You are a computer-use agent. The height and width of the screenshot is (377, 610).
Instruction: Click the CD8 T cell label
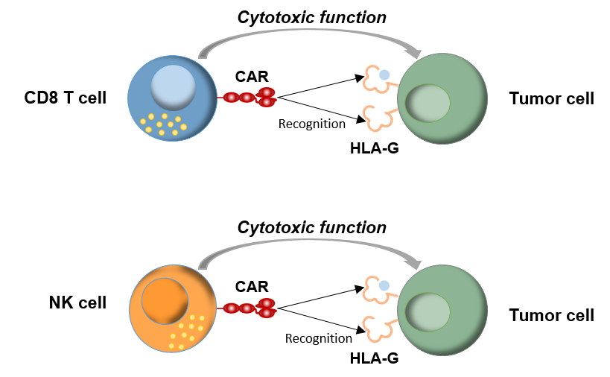tap(66, 98)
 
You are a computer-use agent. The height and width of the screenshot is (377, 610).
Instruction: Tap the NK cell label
tap(77, 302)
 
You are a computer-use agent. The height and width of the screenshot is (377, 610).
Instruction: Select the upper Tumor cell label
tap(552, 98)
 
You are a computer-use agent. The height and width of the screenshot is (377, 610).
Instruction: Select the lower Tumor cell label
tap(552, 315)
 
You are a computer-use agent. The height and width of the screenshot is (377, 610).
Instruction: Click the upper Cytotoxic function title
tap(312, 17)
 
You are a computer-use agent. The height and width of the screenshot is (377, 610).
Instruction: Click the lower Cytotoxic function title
tap(312, 227)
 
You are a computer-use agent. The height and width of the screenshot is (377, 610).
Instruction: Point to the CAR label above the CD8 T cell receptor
tap(252, 77)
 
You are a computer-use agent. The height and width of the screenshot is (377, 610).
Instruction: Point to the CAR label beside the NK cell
tap(252, 287)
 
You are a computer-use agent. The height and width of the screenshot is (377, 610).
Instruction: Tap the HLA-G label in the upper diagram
tap(374, 148)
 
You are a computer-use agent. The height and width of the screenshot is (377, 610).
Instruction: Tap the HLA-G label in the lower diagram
tap(374, 358)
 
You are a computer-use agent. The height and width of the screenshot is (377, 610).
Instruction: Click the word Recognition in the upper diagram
tap(311, 124)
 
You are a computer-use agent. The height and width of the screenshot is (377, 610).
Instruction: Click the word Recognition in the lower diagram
tap(319, 338)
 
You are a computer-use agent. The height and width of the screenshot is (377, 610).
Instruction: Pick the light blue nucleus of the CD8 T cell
tap(173, 87)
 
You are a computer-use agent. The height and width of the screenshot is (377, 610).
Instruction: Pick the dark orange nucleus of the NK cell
tap(165, 301)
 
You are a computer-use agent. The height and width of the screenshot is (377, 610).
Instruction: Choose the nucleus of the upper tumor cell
tap(428, 104)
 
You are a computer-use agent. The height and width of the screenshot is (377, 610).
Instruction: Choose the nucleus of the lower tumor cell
tap(428, 312)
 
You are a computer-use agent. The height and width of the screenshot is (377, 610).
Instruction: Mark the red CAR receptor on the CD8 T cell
tap(247, 98)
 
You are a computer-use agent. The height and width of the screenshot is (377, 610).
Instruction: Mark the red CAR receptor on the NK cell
tap(247, 308)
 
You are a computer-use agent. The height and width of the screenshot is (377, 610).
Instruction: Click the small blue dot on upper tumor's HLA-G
tap(384, 75)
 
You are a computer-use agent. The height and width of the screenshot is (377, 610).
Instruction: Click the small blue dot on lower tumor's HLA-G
tap(384, 285)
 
